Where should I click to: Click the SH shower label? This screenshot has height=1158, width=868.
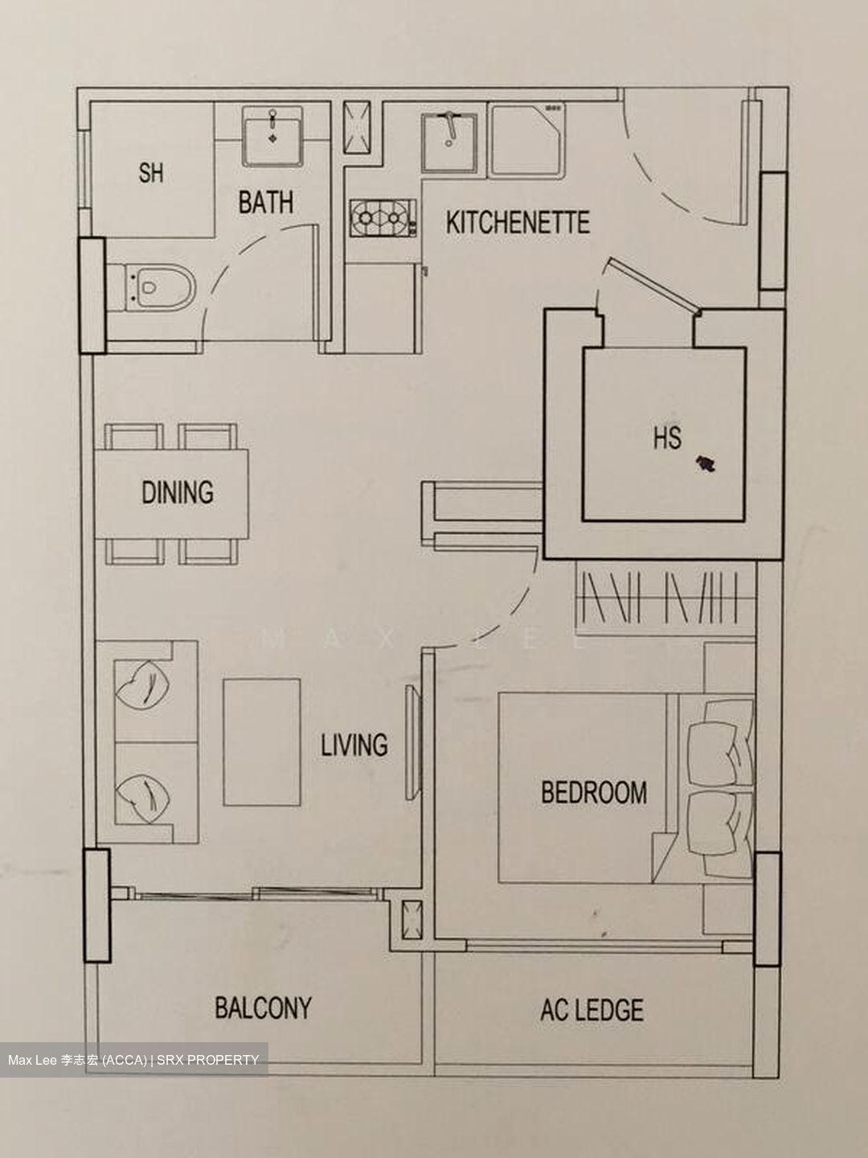click(150, 172)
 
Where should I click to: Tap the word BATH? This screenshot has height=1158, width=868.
click(265, 203)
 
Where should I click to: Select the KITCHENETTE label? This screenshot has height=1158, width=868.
click(518, 222)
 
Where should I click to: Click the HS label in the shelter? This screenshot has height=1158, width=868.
click(667, 438)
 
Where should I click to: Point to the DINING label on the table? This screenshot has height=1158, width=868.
click(178, 492)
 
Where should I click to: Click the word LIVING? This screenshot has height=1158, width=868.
click(354, 745)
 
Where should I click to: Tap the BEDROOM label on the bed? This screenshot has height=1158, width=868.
click(593, 792)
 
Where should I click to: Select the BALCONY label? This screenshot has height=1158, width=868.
click(263, 1008)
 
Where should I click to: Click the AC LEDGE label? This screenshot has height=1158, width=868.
click(592, 1010)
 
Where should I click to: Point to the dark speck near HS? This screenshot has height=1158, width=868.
click(706, 464)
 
